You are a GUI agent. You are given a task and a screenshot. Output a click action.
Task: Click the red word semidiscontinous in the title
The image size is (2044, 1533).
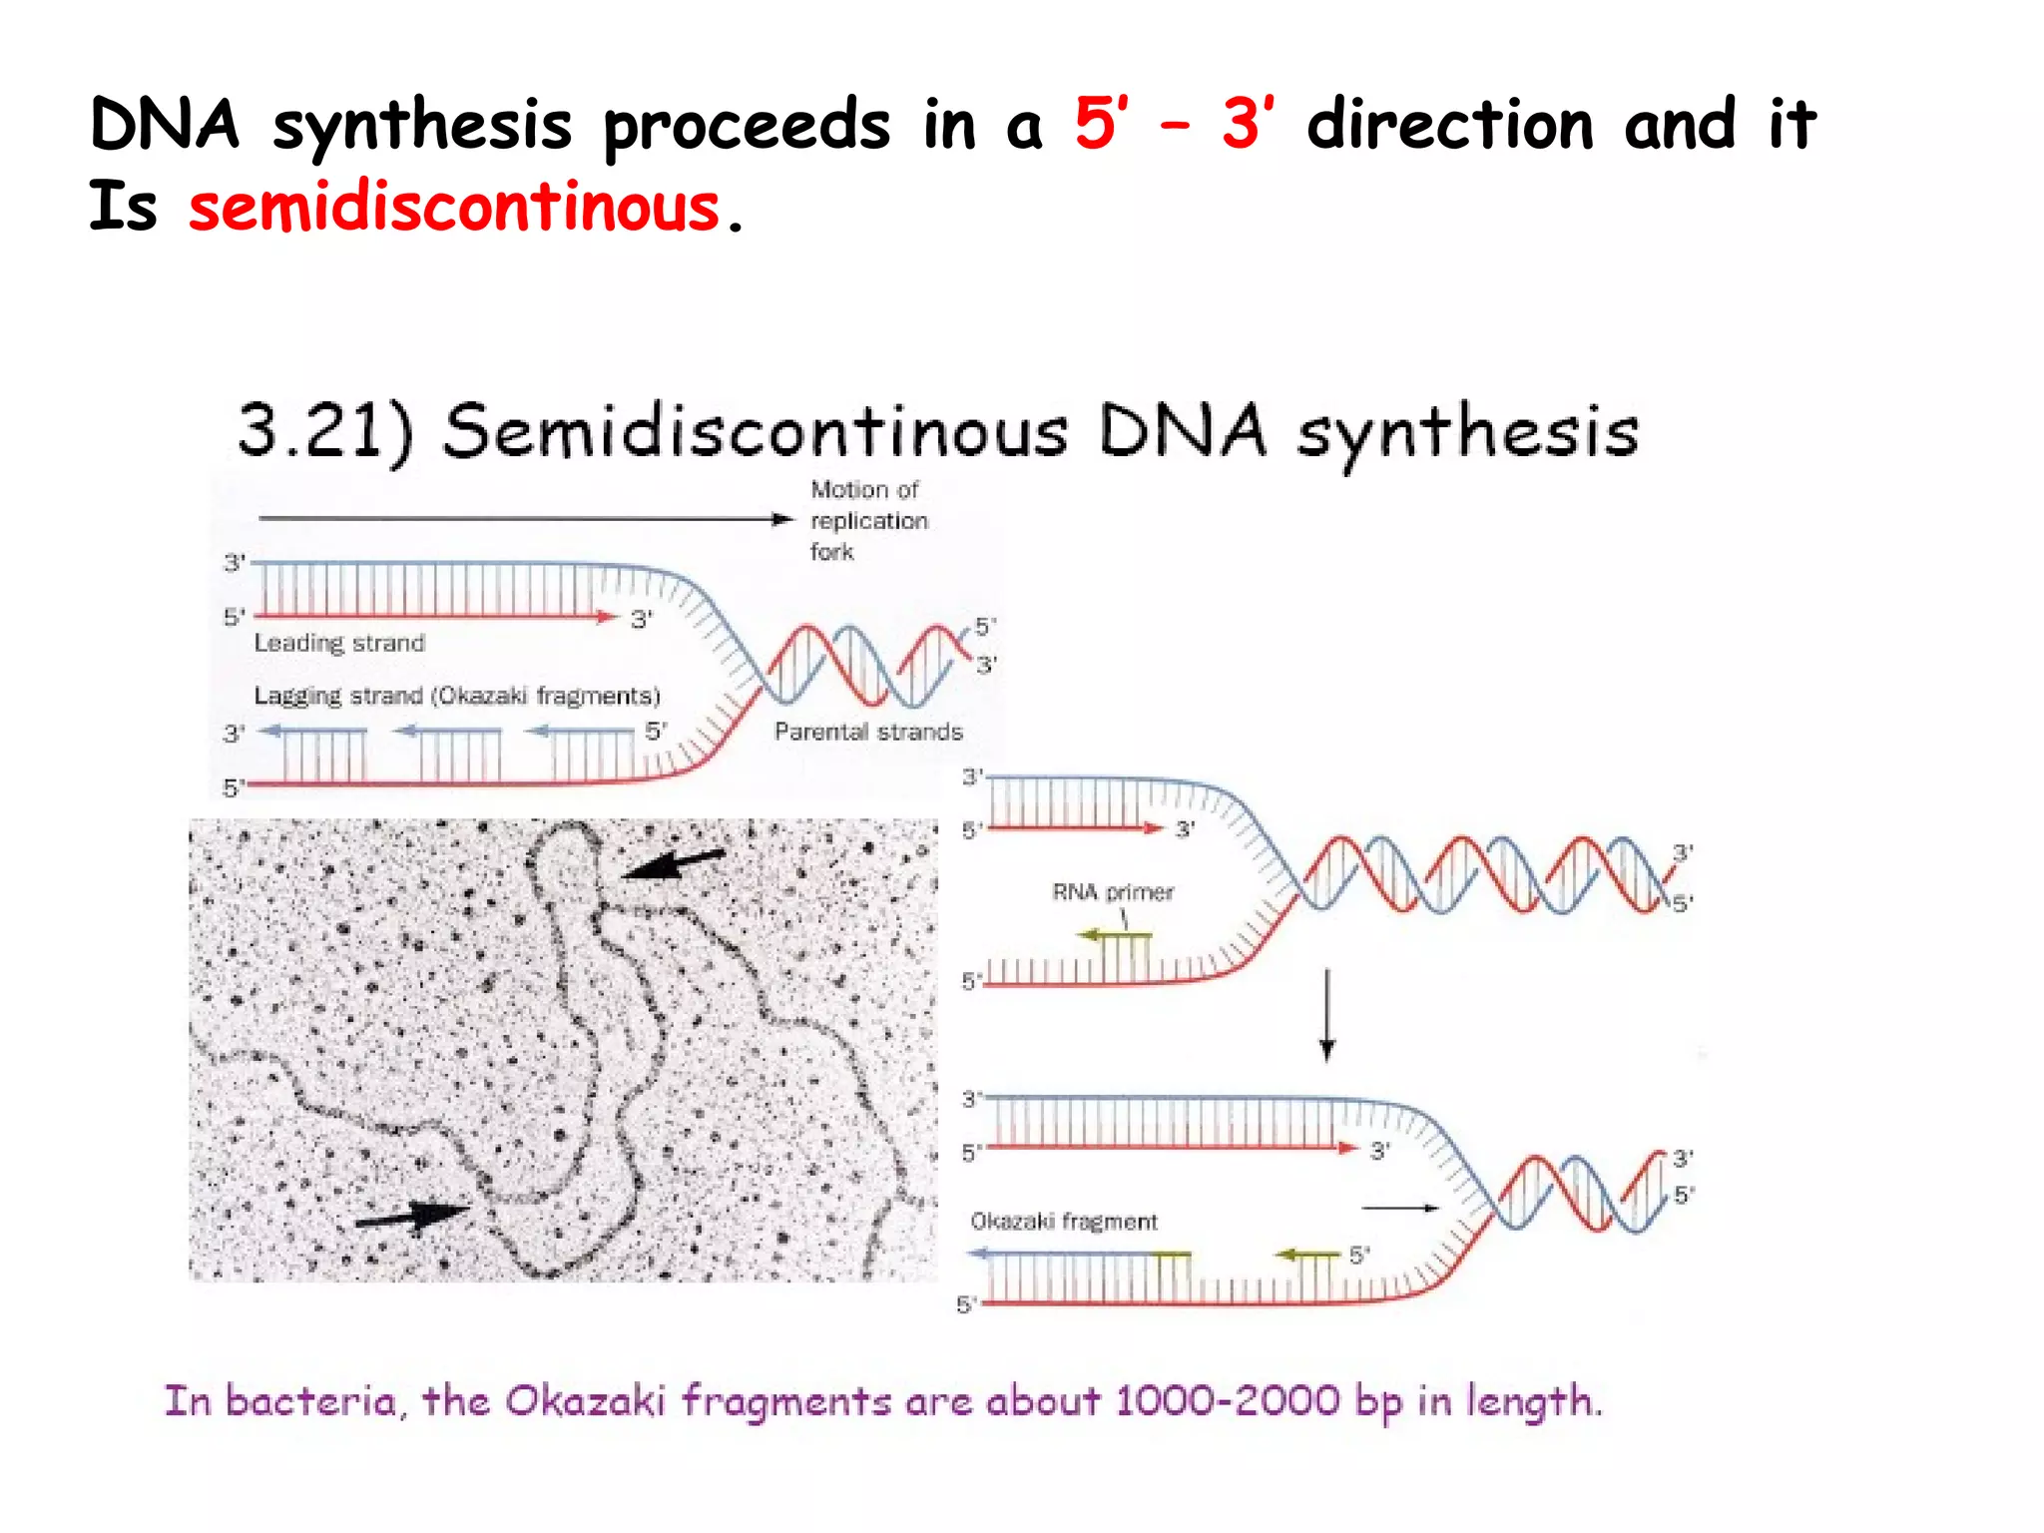(x=454, y=208)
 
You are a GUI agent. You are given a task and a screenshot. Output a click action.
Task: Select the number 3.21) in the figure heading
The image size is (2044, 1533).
(x=324, y=431)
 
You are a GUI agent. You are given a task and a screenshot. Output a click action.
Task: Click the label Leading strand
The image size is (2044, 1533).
(x=339, y=643)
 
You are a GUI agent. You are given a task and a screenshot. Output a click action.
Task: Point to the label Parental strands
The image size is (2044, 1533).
(x=868, y=732)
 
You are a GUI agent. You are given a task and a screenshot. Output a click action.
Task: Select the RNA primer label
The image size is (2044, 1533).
(x=1113, y=892)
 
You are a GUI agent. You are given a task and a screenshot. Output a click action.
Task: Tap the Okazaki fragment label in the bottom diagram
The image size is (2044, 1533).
(x=1064, y=1222)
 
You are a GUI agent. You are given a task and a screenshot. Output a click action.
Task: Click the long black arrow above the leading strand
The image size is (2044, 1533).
(x=524, y=518)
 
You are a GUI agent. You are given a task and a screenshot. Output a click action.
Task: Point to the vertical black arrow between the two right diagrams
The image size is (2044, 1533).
(x=1326, y=1014)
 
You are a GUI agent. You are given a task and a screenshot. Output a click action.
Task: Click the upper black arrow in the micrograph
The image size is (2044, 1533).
(x=674, y=863)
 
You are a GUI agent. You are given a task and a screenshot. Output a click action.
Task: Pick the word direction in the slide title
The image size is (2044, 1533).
(x=1450, y=126)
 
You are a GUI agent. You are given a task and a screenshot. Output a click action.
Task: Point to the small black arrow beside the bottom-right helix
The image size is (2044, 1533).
(x=1400, y=1208)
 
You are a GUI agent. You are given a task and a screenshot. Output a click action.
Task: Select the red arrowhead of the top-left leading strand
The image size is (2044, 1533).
(x=608, y=617)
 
